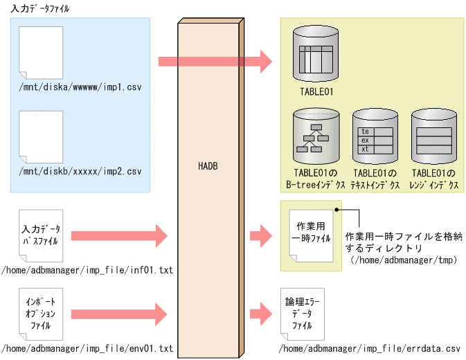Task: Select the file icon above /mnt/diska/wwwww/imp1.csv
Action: tap(41, 52)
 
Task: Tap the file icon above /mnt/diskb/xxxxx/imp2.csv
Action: tap(41, 135)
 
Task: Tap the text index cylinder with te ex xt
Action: tap(375, 136)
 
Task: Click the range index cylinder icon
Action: tap(433, 136)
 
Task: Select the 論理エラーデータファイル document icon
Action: tap(303, 312)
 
